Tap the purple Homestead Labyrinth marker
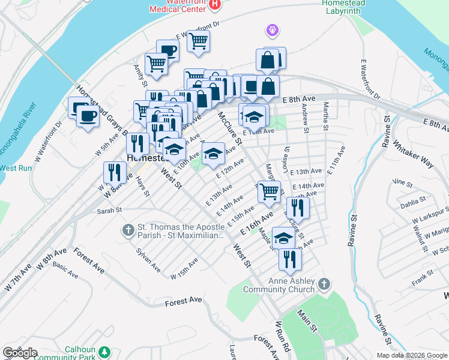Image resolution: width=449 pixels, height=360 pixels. [x=273, y=29]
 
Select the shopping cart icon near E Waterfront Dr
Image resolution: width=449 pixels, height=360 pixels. [x=198, y=41]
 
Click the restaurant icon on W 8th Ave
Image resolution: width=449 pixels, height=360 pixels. [x=114, y=173]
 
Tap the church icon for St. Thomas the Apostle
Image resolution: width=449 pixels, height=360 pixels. [x=128, y=230]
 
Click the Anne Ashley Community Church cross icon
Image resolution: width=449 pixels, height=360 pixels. [x=323, y=283]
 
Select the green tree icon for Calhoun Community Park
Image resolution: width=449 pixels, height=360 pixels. [x=106, y=352]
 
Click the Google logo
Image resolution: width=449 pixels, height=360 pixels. [x=19, y=353]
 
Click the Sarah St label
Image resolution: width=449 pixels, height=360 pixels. [x=110, y=211]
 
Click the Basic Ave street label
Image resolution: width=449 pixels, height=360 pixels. [x=65, y=269]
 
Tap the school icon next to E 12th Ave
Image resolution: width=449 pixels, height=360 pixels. [x=213, y=154]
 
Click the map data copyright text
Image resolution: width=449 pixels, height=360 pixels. [x=411, y=355]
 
